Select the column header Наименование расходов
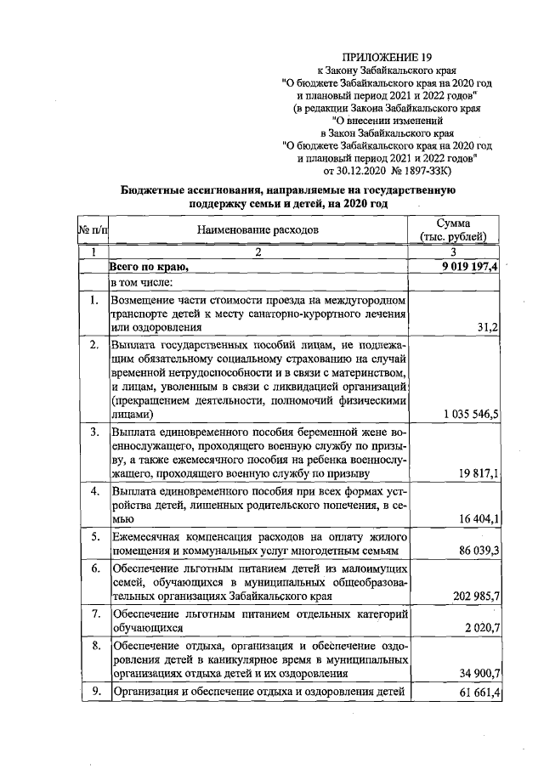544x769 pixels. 258,229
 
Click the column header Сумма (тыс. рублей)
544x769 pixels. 459,229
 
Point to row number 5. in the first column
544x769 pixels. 94,536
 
